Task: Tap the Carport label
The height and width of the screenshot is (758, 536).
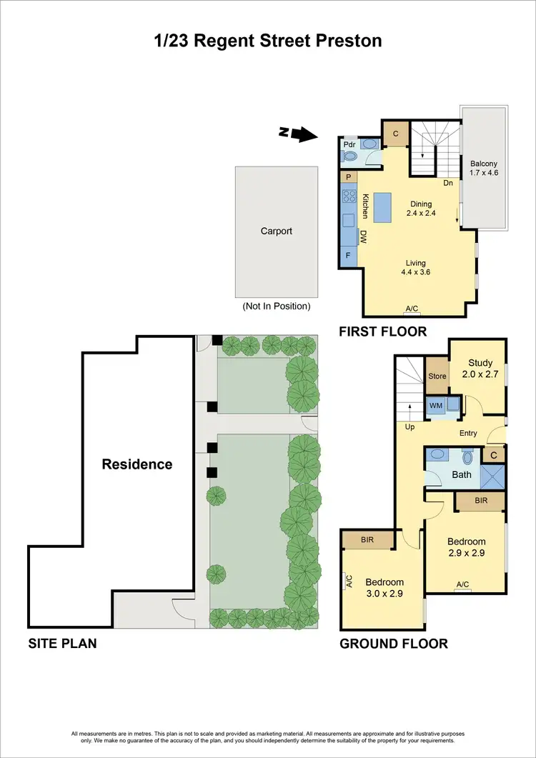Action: coord(277,231)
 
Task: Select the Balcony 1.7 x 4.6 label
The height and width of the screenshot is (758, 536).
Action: coord(484,168)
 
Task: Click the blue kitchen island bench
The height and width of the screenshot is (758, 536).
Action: coord(382,208)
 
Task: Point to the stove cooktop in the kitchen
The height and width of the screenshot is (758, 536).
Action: coord(349,194)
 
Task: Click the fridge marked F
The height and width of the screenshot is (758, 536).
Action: coord(349,254)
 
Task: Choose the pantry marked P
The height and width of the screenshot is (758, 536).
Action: coord(349,176)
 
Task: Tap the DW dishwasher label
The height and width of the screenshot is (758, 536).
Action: coord(363,236)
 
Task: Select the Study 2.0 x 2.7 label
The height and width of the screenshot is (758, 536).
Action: coord(480,368)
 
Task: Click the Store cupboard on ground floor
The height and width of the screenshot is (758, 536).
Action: coord(437,376)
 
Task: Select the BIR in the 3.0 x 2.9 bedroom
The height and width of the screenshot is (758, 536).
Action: coord(368,540)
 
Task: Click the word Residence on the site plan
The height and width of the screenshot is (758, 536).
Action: coord(137,464)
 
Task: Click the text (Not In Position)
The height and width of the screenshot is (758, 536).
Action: coord(277,306)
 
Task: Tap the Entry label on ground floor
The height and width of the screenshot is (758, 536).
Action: coord(468,434)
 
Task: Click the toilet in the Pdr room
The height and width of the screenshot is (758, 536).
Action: coord(369,144)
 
